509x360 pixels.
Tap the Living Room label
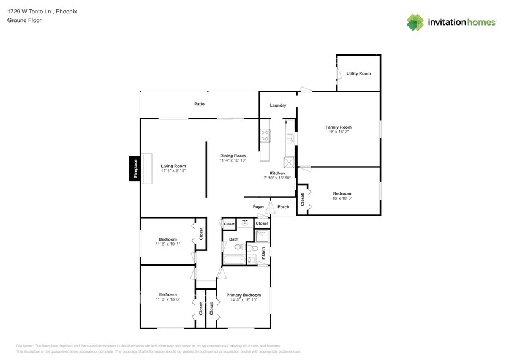(x=173, y=166)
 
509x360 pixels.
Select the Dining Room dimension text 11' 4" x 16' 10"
(x=233, y=160)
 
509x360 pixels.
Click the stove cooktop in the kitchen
(x=265, y=135)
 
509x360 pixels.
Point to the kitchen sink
(x=292, y=139)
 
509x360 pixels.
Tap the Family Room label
(x=338, y=127)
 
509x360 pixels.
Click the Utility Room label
(x=358, y=73)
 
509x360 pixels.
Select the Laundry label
(x=278, y=105)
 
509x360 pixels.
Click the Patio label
(x=199, y=104)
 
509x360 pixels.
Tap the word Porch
(x=283, y=206)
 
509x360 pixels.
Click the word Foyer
(x=258, y=206)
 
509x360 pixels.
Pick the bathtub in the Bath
(x=233, y=260)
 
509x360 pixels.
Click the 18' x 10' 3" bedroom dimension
(x=342, y=198)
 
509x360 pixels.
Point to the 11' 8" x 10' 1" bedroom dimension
(x=168, y=244)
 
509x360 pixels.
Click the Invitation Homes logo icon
(x=416, y=23)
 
